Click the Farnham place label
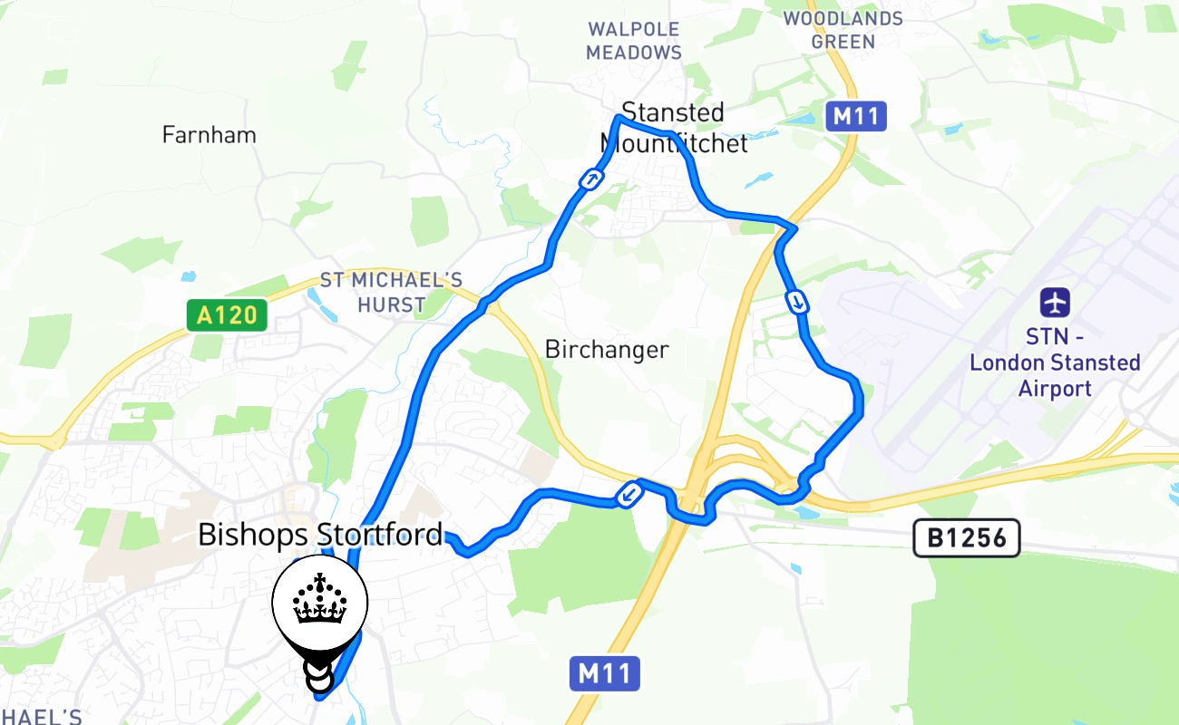click(209, 135)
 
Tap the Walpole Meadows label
click(633, 41)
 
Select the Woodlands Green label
click(843, 30)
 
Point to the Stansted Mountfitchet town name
click(673, 128)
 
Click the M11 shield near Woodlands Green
click(855, 116)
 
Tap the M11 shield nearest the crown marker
click(605, 673)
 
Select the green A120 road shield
click(228, 315)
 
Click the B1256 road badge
click(966, 538)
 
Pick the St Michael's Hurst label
click(391, 292)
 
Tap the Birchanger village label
click(607, 350)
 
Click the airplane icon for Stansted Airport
click(1055, 302)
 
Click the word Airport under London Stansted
click(1055, 389)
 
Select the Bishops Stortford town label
click(320, 535)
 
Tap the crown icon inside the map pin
click(320, 598)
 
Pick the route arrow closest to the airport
click(797, 302)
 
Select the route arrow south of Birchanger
click(628, 495)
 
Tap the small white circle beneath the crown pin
click(320, 679)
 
